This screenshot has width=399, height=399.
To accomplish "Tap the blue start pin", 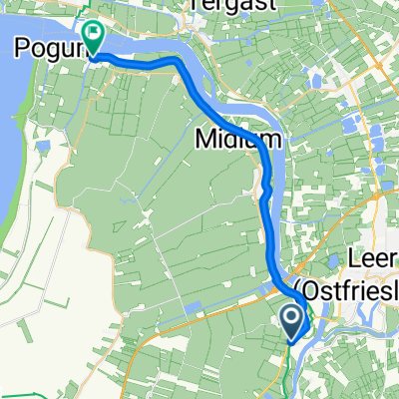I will [x=292, y=320].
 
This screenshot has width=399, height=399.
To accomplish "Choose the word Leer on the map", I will [x=373, y=262].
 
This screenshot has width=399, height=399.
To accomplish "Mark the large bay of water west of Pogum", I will [x=14, y=150].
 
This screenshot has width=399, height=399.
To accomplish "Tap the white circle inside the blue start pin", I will [x=292, y=317].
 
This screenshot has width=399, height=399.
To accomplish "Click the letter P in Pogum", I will [x=22, y=48].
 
